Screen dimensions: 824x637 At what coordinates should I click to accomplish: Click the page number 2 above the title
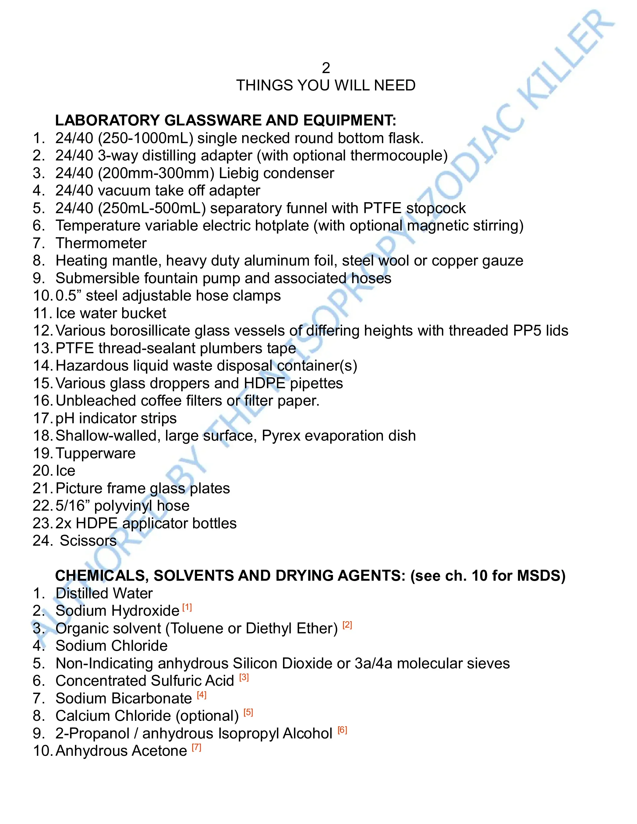(x=326, y=68)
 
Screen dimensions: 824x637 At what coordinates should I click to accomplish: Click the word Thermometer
(x=101, y=243)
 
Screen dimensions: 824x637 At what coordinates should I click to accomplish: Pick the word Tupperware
(x=95, y=453)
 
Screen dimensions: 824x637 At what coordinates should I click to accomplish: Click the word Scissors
(x=88, y=541)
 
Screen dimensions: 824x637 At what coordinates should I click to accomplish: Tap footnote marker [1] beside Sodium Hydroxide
(x=187, y=607)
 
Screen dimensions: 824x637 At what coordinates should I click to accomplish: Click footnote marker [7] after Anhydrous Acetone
(x=196, y=747)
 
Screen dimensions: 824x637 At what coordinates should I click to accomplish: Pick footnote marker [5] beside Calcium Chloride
(x=248, y=712)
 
